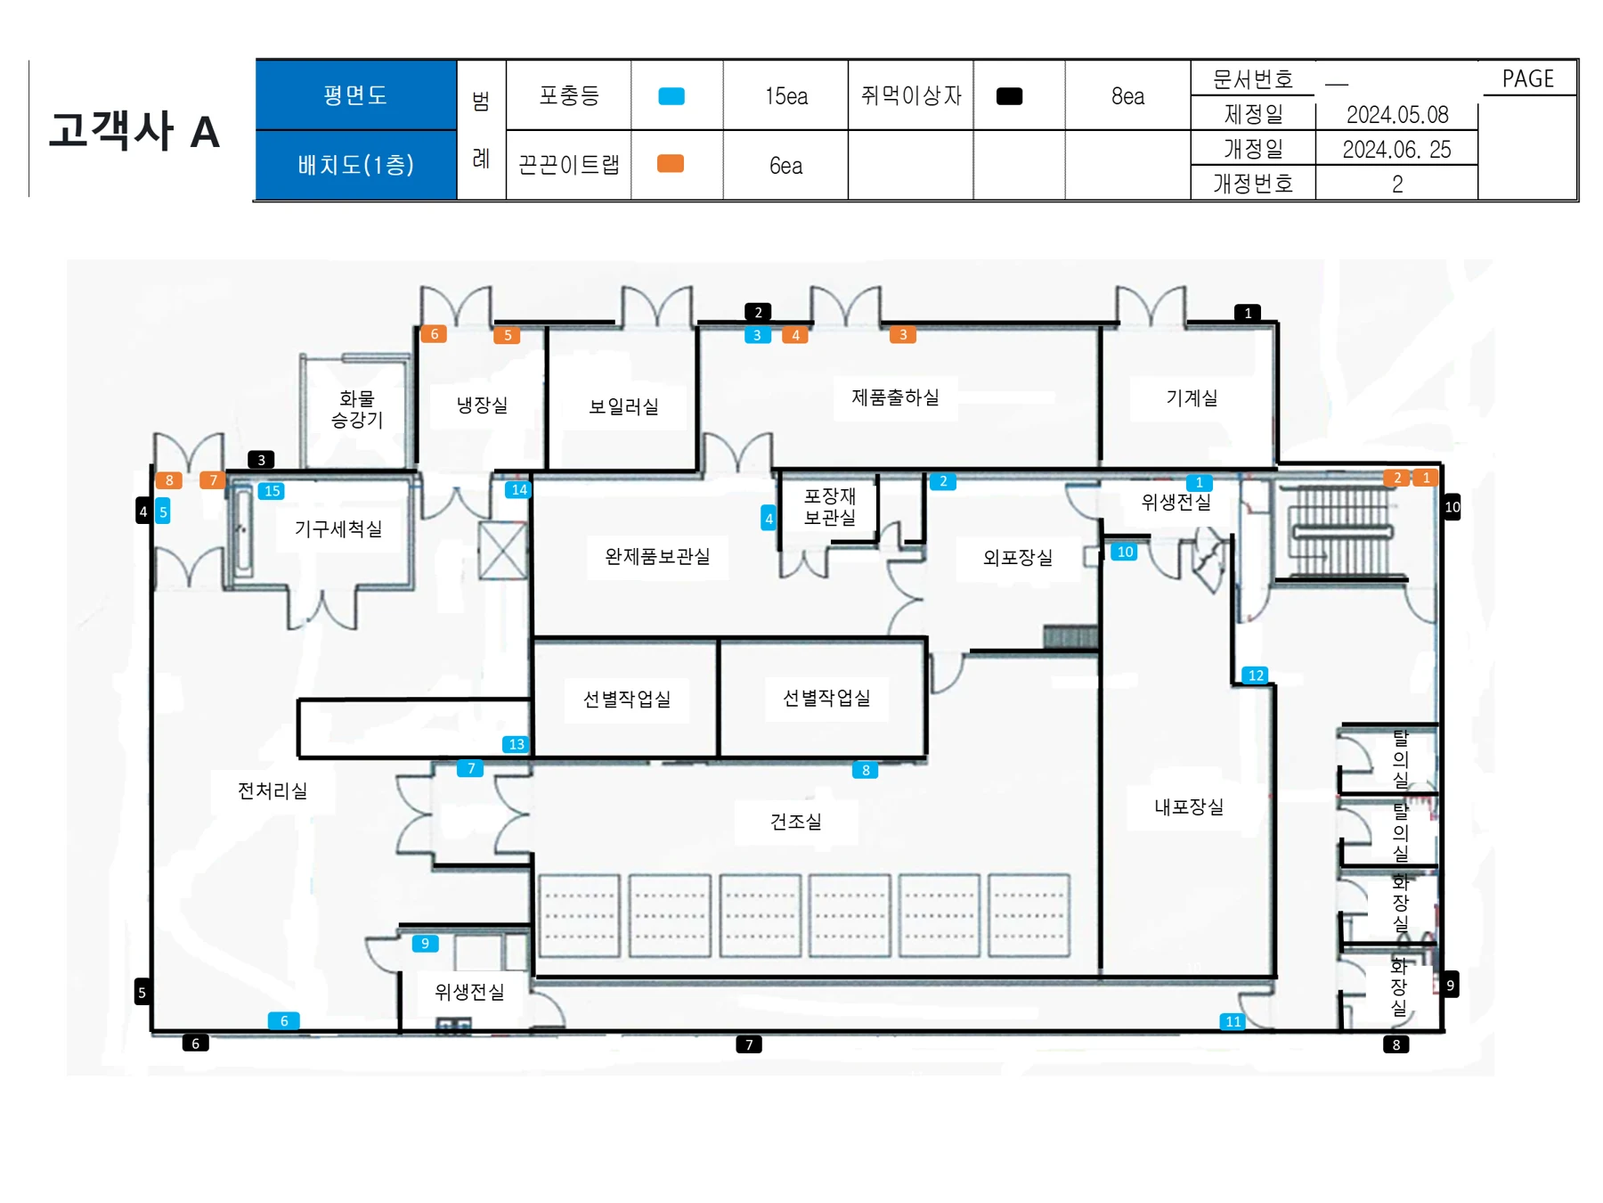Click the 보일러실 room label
[623, 406]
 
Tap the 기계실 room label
[1192, 397]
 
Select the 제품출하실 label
[895, 397]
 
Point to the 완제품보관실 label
[657, 556]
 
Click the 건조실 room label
[795, 821]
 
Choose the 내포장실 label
[1189, 806]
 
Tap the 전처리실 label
[273, 790]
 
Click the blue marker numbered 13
[517, 744]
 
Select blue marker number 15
[273, 491]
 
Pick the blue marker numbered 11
[1233, 1021]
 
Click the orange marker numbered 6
[434, 334]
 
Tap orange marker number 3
[903, 334]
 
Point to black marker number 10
[1452, 507]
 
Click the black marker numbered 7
[749, 1044]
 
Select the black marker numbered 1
[1248, 313]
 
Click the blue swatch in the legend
[671, 96]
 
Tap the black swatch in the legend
[1009, 96]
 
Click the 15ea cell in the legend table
[786, 96]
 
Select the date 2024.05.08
[1397, 115]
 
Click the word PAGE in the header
[1528, 79]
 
